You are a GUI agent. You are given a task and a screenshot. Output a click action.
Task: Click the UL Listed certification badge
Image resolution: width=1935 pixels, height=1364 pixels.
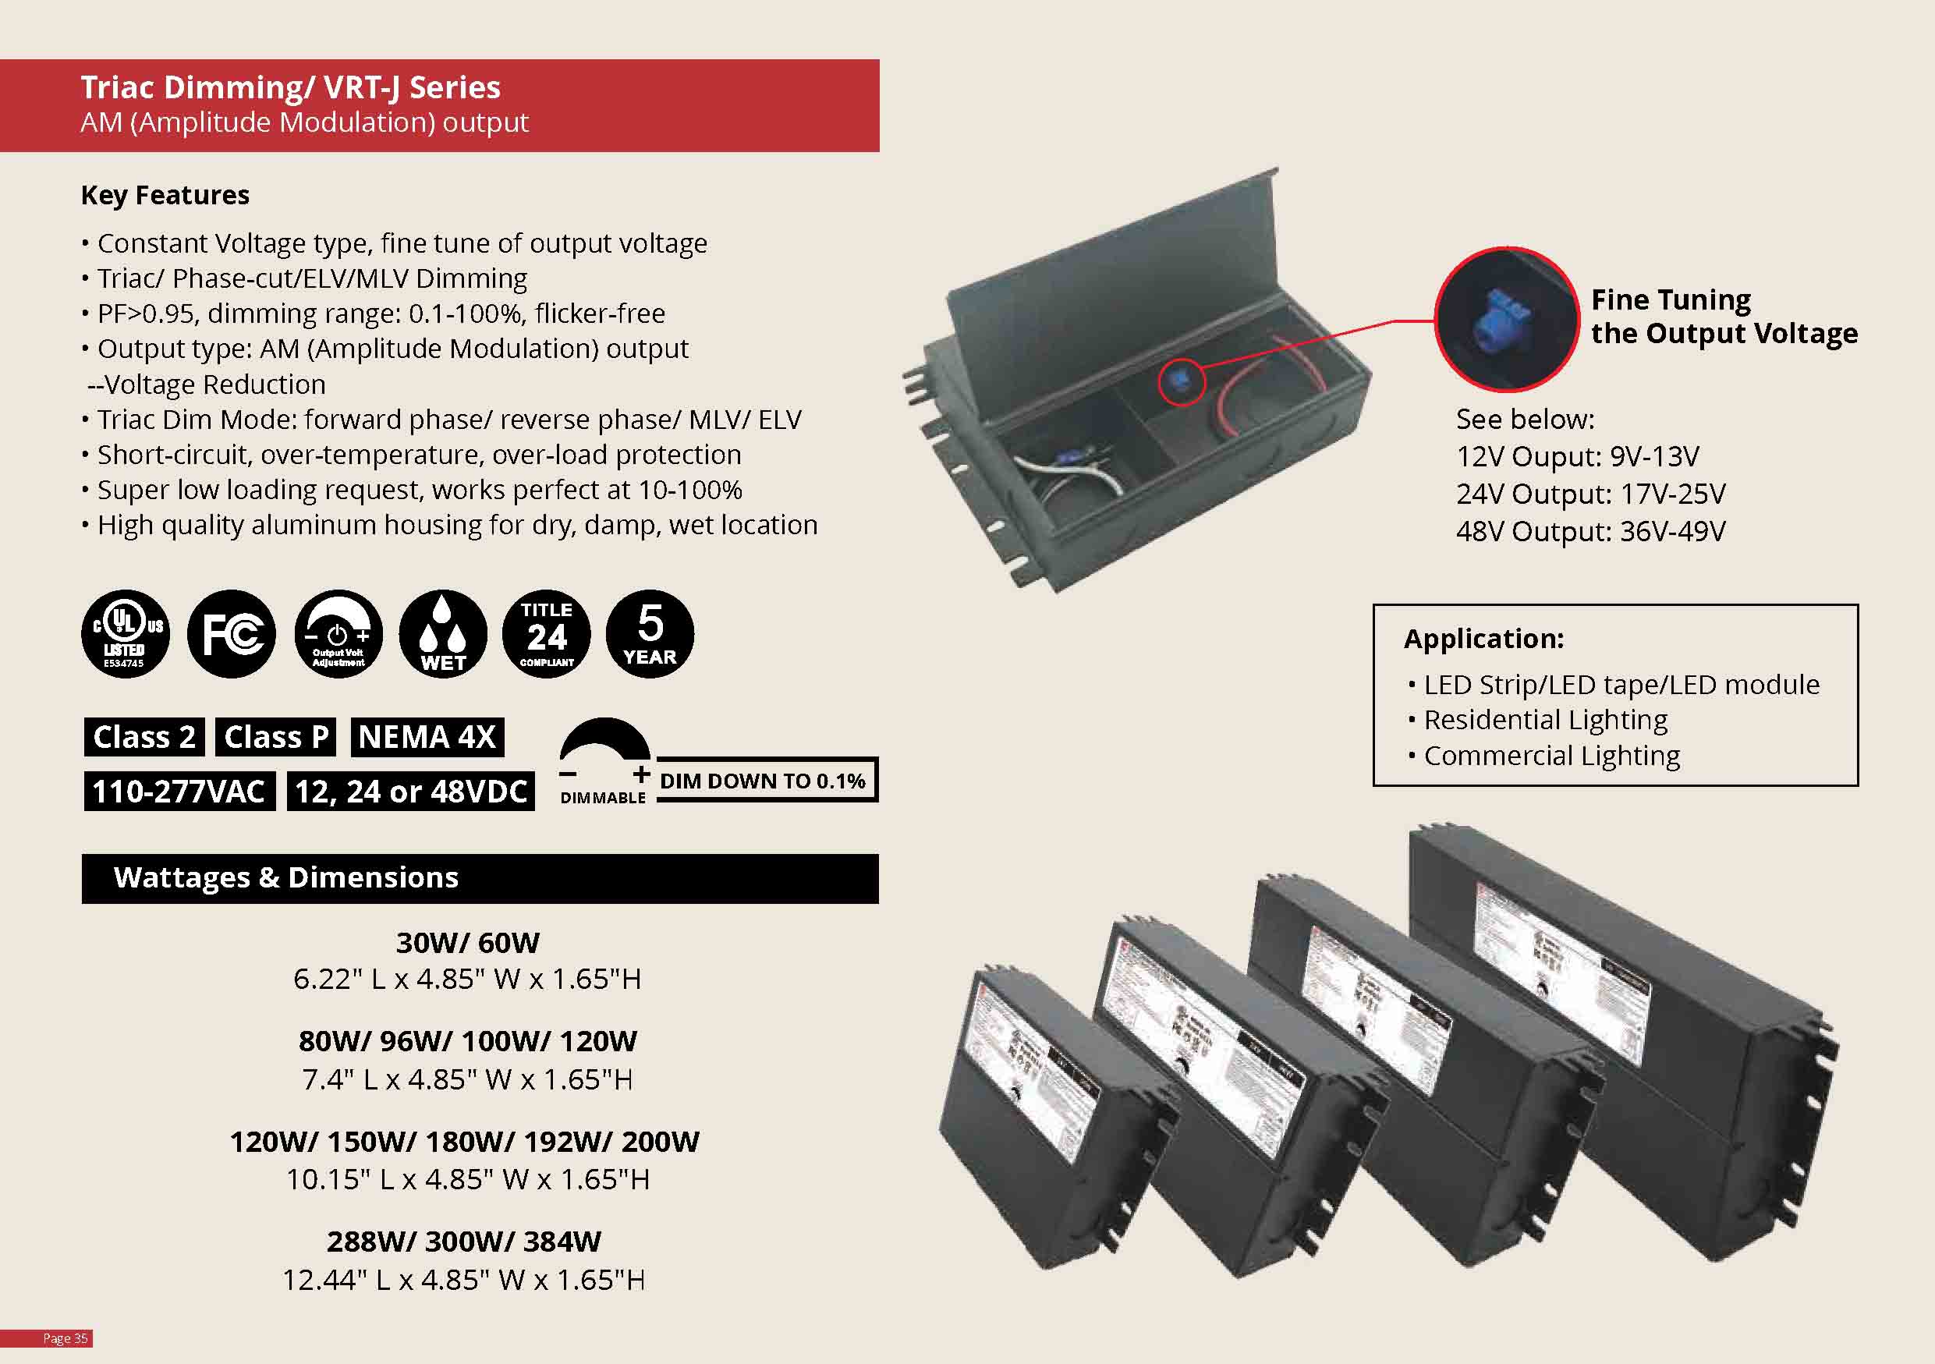pos(125,633)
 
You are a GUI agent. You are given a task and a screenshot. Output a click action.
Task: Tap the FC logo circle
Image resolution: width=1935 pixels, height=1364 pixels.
pos(231,633)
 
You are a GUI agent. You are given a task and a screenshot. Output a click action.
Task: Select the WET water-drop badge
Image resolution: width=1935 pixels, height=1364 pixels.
pos(442,633)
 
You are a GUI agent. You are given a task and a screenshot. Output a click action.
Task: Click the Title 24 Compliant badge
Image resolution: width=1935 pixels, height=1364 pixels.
pos(546,633)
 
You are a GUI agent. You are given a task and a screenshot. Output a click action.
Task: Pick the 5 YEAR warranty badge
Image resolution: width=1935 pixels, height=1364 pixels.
pos(650,633)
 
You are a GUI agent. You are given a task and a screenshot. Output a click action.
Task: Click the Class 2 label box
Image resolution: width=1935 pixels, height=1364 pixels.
pos(144,737)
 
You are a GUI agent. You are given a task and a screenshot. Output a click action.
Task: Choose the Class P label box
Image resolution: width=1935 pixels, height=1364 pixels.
pos(275,737)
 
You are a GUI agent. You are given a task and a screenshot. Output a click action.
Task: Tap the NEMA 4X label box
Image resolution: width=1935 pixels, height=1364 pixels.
pos(427,737)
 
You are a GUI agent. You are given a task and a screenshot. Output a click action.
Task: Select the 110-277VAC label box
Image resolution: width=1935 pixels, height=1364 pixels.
pos(179,792)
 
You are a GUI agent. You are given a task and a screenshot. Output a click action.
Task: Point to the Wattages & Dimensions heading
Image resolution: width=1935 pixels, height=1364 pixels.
pos(285,878)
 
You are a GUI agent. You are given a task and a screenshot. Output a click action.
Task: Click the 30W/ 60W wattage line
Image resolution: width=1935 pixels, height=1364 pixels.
pos(468,943)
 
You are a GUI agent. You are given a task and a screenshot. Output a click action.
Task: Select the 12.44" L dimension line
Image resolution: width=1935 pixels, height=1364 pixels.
pos(463,1280)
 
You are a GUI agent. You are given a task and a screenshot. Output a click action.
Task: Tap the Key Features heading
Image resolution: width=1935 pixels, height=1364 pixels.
pos(165,196)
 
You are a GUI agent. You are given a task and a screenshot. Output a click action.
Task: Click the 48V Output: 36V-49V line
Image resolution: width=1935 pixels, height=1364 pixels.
pos(1590,532)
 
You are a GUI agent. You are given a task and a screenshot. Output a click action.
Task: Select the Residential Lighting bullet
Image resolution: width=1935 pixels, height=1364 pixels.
pos(1545,721)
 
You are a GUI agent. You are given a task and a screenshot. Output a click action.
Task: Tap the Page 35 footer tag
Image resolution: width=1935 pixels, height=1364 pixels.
pos(65,1339)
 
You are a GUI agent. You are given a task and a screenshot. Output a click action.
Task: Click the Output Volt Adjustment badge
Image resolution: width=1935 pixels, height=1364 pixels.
pos(338,633)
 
